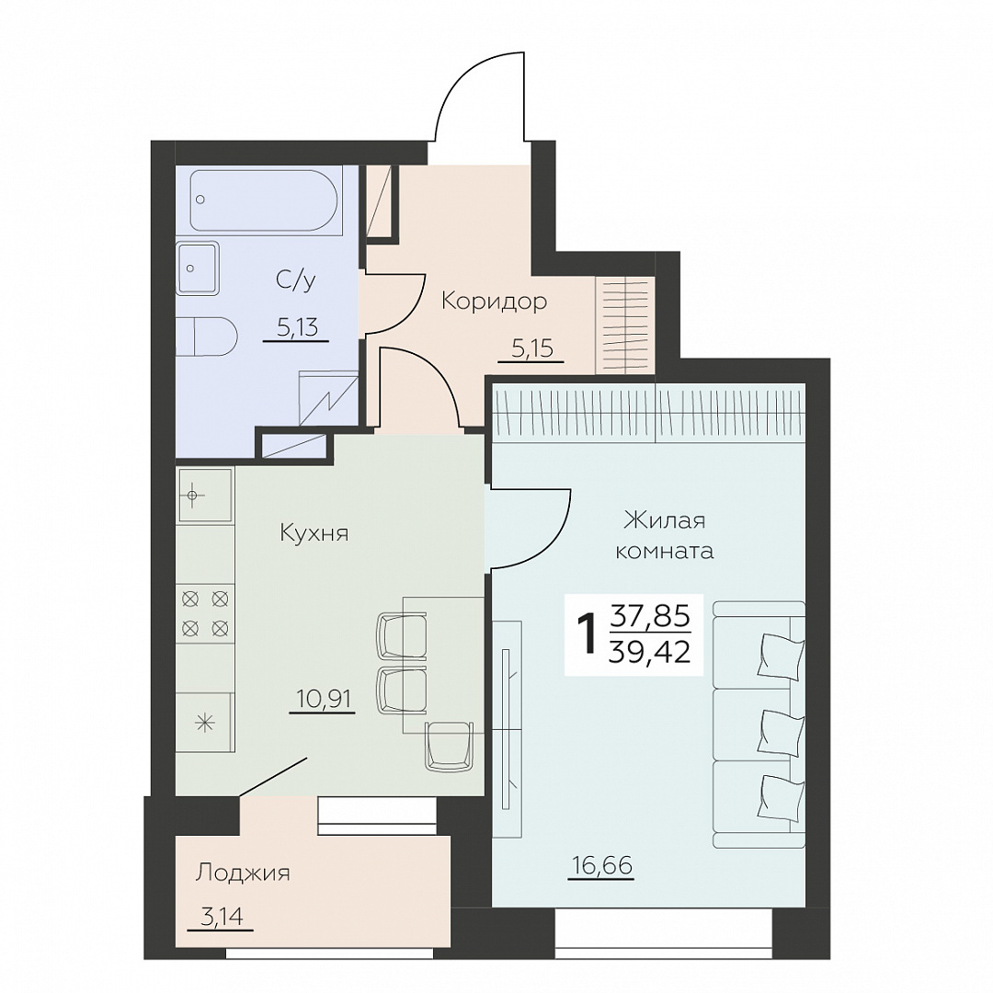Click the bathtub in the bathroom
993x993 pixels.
coord(266,200)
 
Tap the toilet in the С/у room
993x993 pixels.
coord(207,336)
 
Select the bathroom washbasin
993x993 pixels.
coord(197,268)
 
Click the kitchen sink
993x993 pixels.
coord(204,496)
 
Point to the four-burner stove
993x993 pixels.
coord(204,613)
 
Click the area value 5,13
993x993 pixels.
coord(296,327)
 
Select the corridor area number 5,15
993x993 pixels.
coord(532,348)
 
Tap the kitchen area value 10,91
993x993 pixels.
coord(323,699)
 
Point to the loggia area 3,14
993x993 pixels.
coord(221,917)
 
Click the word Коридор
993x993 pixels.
coord(494,302)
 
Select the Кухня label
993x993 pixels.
coord(314,533)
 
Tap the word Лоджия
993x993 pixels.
coord(243,873)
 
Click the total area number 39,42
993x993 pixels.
coord(648,651)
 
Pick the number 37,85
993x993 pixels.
coord(650,615)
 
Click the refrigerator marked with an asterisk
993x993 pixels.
coord(204,722)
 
